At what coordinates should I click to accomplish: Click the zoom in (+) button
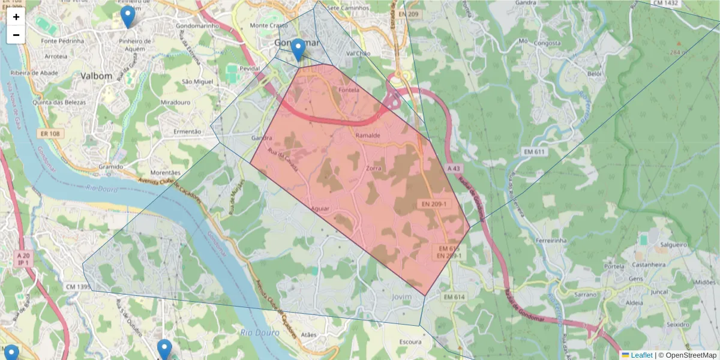pos(16,17)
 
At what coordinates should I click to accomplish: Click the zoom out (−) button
pos(16,35)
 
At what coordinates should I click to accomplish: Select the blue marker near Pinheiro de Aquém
pos(127,17)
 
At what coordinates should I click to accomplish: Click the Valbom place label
pos(97,76)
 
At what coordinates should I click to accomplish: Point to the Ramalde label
pos(368,136)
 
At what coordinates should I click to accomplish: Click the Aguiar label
pos(321,208)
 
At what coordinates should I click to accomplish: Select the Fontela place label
pos(349,91)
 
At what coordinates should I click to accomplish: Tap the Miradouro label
pos(176,103)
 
